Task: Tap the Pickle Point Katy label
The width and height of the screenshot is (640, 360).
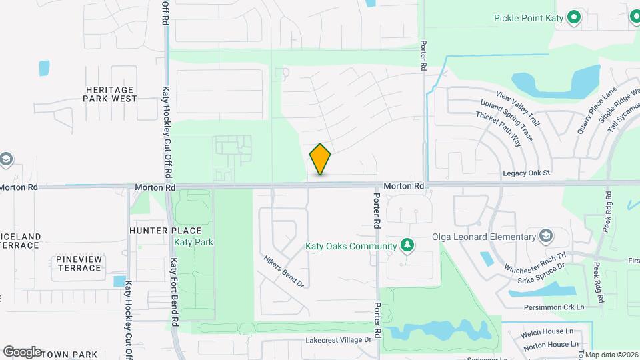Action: click(529, 18)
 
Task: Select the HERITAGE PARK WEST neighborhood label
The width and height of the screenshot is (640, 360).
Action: click(110, 94)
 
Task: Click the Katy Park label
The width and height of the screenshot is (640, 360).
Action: click(194, 242)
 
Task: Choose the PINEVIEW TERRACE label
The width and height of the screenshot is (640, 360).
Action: click(79, 263)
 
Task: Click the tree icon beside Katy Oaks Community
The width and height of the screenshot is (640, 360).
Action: click(407, 246)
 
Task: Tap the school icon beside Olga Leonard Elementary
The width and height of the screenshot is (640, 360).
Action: click(546, 237)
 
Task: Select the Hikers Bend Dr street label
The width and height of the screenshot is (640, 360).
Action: click(284, 272)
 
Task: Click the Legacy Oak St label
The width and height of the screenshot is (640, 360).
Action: click(527, 173)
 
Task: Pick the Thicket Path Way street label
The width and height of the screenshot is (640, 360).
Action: click(499, 129)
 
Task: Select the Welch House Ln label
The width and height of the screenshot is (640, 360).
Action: click(549, 331)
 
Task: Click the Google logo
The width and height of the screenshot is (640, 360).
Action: click(22, 352)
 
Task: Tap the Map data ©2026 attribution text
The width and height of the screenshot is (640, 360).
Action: click(611, 355)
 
